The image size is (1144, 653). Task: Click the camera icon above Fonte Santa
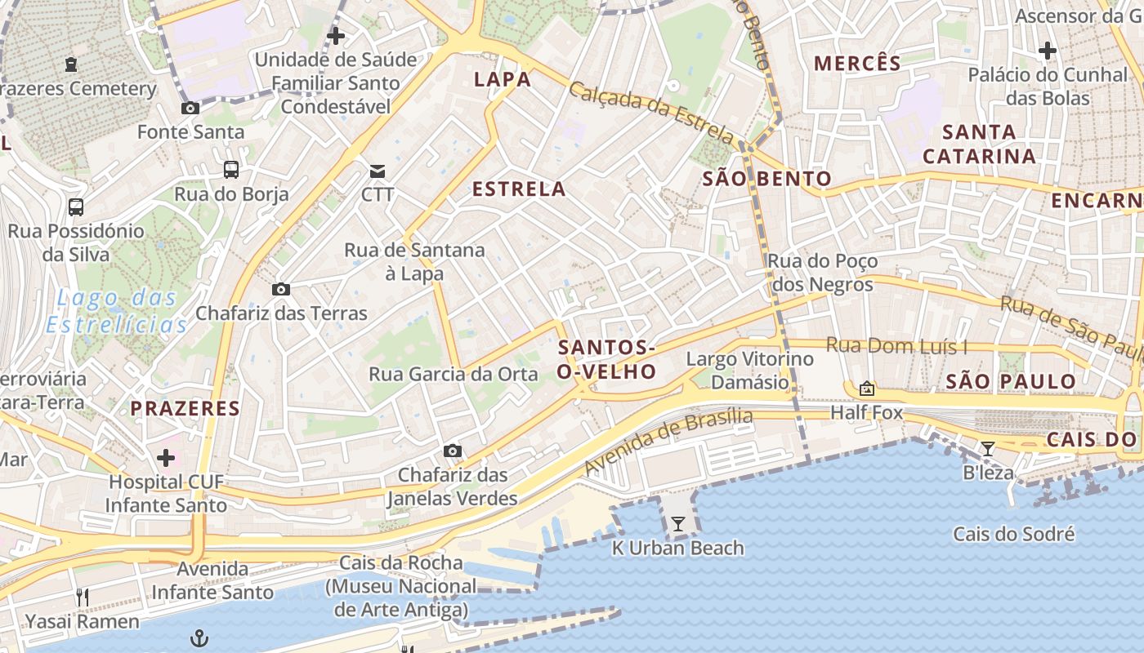tap(190, 108)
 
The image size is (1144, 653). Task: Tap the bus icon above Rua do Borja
tap(231, 170)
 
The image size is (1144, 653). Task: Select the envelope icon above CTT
tap(377, 171)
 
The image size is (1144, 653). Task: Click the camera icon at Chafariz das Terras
tap(281, 289)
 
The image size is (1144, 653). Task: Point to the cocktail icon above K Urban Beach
tap(677, 524)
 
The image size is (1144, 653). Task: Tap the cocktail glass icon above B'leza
tap(988, 448)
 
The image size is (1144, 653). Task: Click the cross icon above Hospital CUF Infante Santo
tap(166, 457)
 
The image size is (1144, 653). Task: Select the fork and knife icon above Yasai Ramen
tap(82, 597)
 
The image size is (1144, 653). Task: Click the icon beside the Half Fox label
tap(866, 389)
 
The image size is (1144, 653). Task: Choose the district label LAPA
tap(503, 79)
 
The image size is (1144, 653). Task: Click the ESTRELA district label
tap(519, 189)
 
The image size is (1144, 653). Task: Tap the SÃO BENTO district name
tap(766, 179)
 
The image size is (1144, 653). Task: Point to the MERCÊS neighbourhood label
tap(857, 63)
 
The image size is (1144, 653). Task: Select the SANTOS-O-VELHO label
tap(606, 360)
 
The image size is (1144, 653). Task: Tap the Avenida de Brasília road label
tap(668, 442)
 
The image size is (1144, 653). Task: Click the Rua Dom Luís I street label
tap(896, 345)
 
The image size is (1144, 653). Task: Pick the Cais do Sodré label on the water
tap(1013, 535)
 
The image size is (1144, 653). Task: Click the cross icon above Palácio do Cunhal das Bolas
tap(1047, 51)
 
